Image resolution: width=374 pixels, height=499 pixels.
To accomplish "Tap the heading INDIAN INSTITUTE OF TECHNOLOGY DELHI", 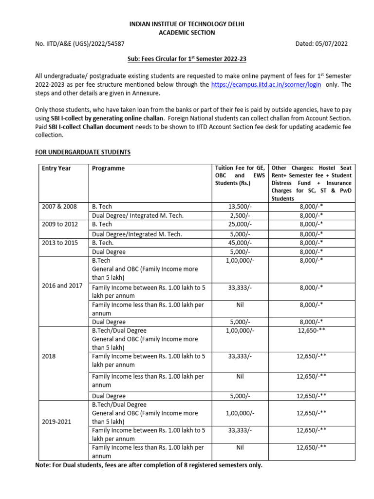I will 187,24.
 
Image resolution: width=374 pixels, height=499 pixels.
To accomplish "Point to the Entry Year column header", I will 56,168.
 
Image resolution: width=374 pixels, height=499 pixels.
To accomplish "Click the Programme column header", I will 108,168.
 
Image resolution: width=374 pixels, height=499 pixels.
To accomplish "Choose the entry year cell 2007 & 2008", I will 59,207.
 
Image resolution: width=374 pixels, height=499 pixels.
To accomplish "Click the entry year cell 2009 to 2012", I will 59,224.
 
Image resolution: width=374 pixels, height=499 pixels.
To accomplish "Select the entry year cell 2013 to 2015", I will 59,242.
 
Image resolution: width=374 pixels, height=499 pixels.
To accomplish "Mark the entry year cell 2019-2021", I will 56,422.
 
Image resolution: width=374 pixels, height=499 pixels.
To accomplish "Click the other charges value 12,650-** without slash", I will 313,331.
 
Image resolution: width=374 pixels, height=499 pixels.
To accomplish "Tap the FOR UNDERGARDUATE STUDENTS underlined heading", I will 83,153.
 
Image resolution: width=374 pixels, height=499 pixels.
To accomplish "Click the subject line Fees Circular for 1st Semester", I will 187,59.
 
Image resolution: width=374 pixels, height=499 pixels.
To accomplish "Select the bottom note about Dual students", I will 149,465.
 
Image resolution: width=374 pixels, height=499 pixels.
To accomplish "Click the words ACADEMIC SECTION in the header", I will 187,33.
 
